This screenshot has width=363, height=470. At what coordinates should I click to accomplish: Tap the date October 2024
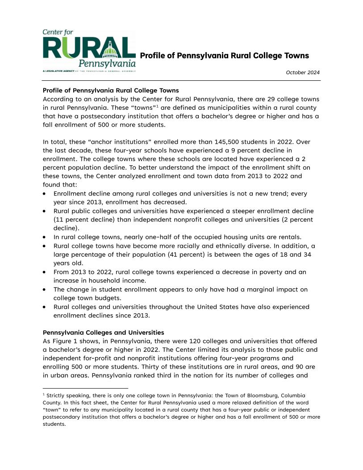(x=303, y=73)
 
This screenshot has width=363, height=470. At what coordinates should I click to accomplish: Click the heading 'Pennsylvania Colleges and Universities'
(x=103, y=333)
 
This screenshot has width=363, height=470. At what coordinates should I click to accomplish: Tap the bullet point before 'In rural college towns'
(x=45, y=237)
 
